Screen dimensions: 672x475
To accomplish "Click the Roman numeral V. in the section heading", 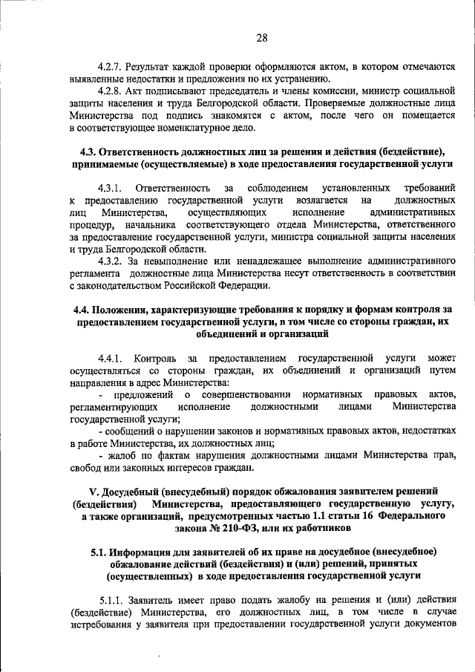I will click(93, 491).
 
